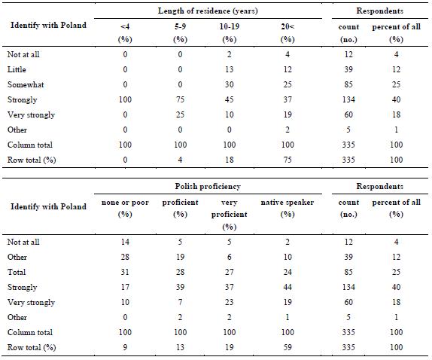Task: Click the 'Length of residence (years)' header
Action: (x=208, y=11)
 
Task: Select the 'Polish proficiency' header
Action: (x=208, y=186)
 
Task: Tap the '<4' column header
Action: (x=125, y=27)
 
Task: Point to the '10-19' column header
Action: (x=230, y=27)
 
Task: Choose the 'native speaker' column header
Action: (x=287, y=203)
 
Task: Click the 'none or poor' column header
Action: (x=125, y=203)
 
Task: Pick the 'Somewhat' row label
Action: (x=26, y=84)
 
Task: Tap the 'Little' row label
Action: (x=17, y=69)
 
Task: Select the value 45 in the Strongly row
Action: (x=230, y=99)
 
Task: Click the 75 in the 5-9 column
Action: (x=180, y=99)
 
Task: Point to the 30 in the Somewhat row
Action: (x=230, y=84)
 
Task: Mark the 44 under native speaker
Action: (x=287, y=287)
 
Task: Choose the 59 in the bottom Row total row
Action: (x=287, y=347)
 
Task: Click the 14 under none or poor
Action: (x=125, y=242)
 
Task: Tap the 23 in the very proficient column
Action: (x=230, y=302)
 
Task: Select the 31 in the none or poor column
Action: (x=125, y=272)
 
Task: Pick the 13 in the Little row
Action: (x=230, y=69)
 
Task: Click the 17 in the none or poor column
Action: (x=125, y=287)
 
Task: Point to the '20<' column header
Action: (x=287, y=27)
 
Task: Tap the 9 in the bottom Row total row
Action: (x=125, y=347)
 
